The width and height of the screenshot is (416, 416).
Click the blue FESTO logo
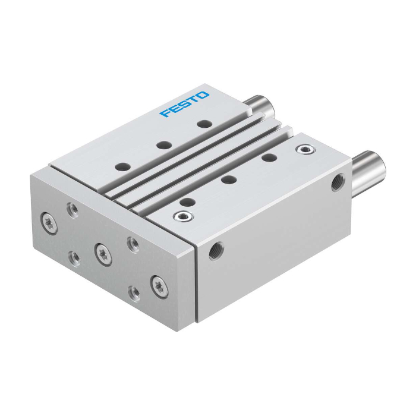[184, 104]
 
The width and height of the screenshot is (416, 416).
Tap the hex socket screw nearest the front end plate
[183, 216]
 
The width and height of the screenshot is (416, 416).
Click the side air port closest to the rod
[338, 182]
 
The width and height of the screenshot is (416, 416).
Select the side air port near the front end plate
[216, 251]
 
